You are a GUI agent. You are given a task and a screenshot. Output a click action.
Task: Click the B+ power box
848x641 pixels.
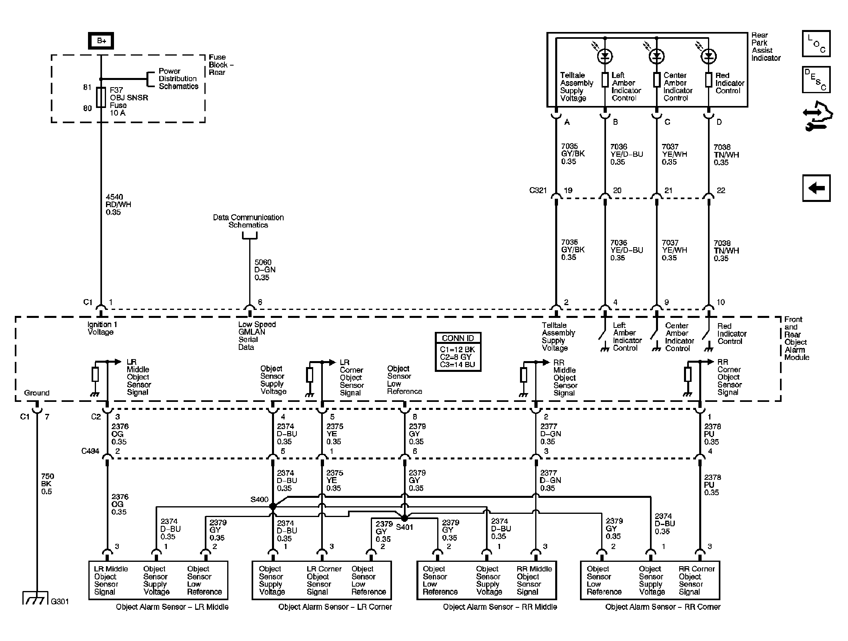click(x=101, y=41)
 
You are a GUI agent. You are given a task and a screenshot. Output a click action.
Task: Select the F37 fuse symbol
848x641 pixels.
click(x=101, y=98)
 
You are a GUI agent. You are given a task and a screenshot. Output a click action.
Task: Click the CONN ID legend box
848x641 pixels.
click(x=458, y=352)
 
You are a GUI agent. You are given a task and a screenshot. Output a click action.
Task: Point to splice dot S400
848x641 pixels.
click(x=273, y=506)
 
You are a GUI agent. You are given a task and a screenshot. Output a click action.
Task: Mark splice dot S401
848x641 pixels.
click(x=404, y=518)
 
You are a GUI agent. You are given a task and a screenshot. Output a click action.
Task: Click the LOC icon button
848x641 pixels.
click(x=816, y=44)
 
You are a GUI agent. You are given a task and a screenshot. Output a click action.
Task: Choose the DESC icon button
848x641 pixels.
click(x=816, y=80)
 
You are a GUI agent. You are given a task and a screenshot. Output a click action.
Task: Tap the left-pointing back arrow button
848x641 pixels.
click(x=816, y=188)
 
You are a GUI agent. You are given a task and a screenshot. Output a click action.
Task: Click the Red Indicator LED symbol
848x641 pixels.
click(x=708, y=56)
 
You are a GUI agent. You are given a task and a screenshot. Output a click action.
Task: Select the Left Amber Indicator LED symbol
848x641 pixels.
click(x=605, y=56)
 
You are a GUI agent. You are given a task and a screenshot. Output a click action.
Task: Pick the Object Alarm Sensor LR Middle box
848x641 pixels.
click(x=158, y=580)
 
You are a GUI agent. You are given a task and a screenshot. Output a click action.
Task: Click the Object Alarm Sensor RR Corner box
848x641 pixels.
click(x=650, y=580)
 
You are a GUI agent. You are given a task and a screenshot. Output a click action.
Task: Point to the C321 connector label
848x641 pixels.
click(x=538, y=190)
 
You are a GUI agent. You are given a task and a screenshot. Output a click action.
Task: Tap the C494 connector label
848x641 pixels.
click(x=90, y=451)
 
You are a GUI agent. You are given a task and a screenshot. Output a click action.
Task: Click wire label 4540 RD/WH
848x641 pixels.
click(x=118, y=204)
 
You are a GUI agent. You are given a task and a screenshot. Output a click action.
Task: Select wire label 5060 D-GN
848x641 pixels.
click(x=265, y=270)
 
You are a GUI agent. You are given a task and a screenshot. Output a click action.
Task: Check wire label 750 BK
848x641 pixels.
click(x=47, y=484)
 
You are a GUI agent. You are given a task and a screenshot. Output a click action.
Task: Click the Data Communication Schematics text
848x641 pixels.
click(x=248, y=221)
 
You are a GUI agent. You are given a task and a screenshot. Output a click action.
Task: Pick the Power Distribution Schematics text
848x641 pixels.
click(x=178, y=79)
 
